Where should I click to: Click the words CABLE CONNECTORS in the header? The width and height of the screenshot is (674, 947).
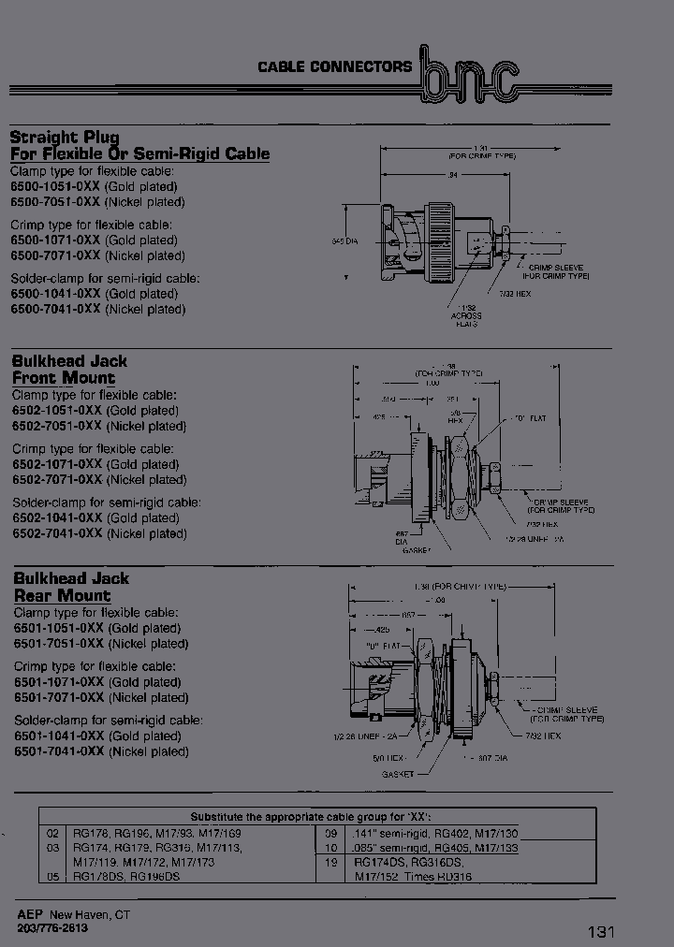(334, 66)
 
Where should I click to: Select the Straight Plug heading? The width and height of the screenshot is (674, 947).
(65, 137)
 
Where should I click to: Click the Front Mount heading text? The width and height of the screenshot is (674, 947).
(63, 378)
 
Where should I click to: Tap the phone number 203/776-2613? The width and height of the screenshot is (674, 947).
(52, 926)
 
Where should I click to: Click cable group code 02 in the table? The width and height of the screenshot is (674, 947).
(53, 833)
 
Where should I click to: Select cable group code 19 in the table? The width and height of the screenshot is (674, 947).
(330, 864)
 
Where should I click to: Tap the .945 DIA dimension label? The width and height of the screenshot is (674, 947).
(345, 241)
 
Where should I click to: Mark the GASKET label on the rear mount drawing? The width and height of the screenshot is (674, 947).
(398, 775)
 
